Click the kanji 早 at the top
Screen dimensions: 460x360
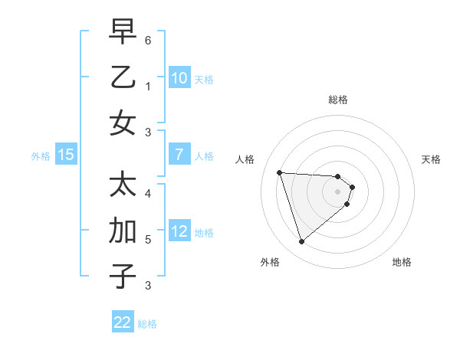123,31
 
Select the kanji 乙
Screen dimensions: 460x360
123,77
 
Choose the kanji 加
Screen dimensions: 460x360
123,231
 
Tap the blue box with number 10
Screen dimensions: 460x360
179,77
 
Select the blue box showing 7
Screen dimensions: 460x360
179,155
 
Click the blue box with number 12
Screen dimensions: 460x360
179,232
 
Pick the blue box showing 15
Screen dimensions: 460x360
66,155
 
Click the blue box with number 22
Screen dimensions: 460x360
123,322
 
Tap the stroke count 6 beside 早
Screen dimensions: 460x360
148,39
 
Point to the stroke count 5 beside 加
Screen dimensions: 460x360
148,239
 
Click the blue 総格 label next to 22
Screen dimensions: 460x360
148,324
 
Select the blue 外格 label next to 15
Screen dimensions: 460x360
41,155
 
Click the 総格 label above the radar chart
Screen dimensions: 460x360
337,100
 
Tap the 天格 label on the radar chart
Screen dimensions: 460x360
432,159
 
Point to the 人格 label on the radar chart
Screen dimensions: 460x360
245,159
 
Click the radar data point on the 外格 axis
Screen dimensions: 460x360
301,242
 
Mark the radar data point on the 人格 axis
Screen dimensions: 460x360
279,172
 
